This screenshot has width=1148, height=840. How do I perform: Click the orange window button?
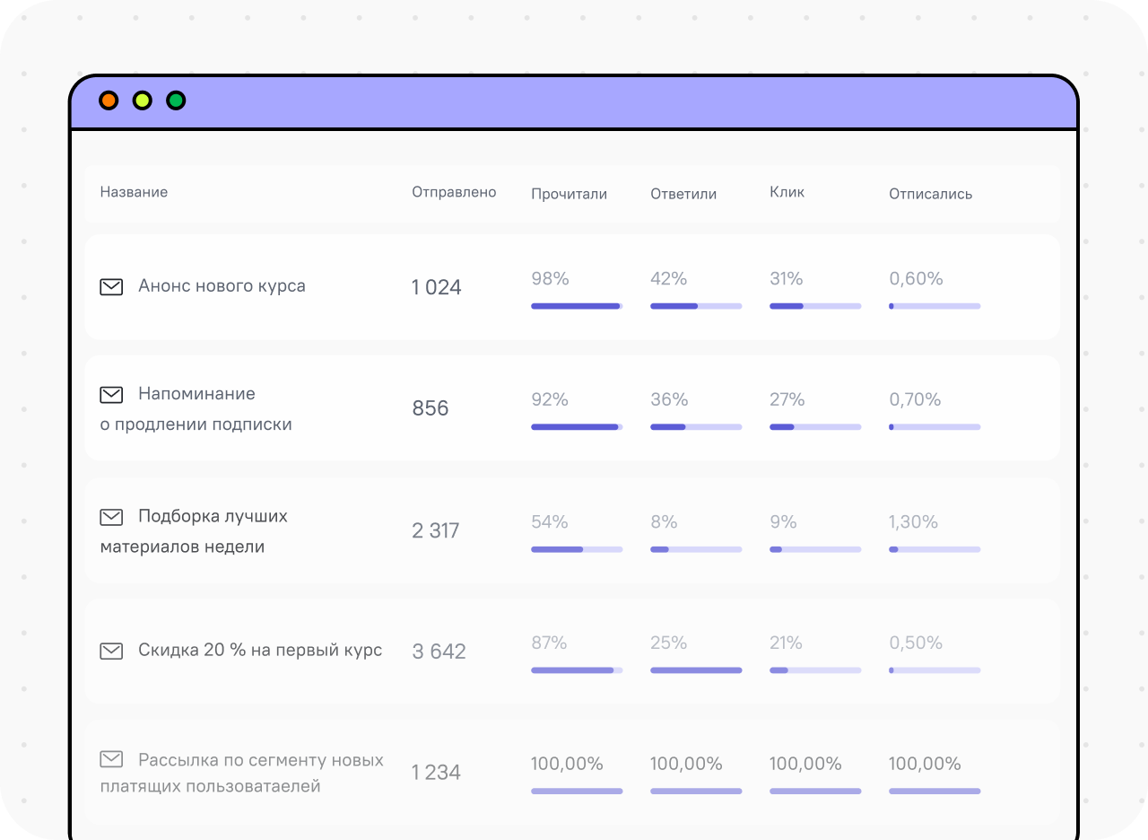(109, 101)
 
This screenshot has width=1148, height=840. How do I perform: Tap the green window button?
(176, 101)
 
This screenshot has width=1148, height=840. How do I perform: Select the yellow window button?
(143, 101)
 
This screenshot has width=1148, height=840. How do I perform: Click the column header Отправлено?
(454, 192)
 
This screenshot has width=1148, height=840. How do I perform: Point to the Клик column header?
(787, 192)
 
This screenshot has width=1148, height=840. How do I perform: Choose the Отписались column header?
(931, 194)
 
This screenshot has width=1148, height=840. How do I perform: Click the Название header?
(134, 192)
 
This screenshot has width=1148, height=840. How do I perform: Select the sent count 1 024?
(437, 287)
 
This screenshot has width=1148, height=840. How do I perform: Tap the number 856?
(430, 408)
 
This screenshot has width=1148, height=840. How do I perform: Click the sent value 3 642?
(439, 652)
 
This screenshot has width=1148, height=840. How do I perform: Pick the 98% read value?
(550, 278)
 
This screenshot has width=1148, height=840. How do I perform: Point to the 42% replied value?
(669, 278)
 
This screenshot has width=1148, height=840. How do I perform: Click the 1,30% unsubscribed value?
(913, 521)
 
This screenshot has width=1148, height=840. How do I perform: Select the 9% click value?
(783, 521)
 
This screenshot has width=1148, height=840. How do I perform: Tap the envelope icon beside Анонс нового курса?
(111, 287)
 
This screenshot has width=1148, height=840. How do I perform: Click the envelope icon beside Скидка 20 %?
(111, 652)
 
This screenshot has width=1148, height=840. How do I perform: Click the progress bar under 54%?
(577, 549)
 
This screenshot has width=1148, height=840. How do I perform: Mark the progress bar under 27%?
(815, 426)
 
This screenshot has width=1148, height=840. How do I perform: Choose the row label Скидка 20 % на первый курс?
(260, 650)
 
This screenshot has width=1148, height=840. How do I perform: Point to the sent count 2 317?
(436, 530)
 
